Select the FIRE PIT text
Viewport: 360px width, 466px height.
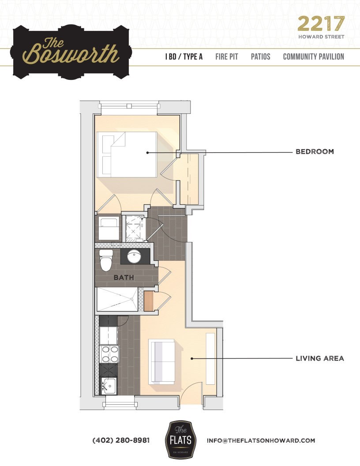pyautogui.click(x=227, y=57)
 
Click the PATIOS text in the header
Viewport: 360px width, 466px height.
pyautogui.click(x=260, y=57)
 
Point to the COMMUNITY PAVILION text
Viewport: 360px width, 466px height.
pyautogui.click(x=313, y=57)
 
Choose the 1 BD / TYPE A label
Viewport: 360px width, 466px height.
pyautogui.click(x=184, y=57)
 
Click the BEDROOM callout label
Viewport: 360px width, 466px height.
pyautogui.click(x=314, y=152)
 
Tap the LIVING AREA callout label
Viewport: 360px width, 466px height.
pyautogui.click(x=319, y=358)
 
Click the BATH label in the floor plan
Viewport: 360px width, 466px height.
pyautogui.click(x=124, y=278)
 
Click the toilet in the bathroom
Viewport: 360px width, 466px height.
pyautogui.click(x=106, y=261)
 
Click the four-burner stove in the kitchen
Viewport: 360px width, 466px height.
pyautogui.click(x=109, y=354)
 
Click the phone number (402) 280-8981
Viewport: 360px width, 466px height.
pyautogui.click(x=121, y=440)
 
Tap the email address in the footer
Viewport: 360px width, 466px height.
pyautogui.click(x=261, y=440)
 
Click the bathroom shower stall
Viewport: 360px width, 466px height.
pyautogui.click(x=116, y=300)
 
